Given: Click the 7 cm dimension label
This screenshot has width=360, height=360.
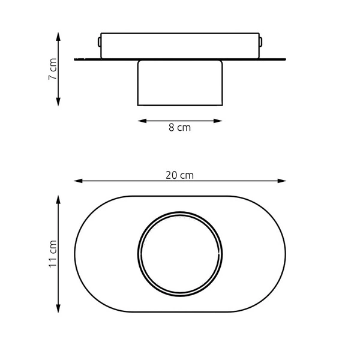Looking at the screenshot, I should coord(53,69).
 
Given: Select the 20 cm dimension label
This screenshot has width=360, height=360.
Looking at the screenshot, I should coord(180,175).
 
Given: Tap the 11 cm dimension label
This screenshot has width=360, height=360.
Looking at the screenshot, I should coord(53,254).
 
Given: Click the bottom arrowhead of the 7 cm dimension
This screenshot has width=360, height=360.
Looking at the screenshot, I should coord(58,103).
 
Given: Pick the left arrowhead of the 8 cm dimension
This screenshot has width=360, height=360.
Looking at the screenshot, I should coord(141,121).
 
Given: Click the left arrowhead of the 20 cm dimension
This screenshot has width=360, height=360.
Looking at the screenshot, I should coord(77,180).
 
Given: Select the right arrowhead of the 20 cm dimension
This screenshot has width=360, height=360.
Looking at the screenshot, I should coord(283,180).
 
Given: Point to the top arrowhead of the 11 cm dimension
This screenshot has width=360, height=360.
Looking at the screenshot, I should coord(58,198).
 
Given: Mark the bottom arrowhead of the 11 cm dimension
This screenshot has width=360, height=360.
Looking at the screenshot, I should coord(58,309).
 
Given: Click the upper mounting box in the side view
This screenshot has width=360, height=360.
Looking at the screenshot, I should coord(180,46).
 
